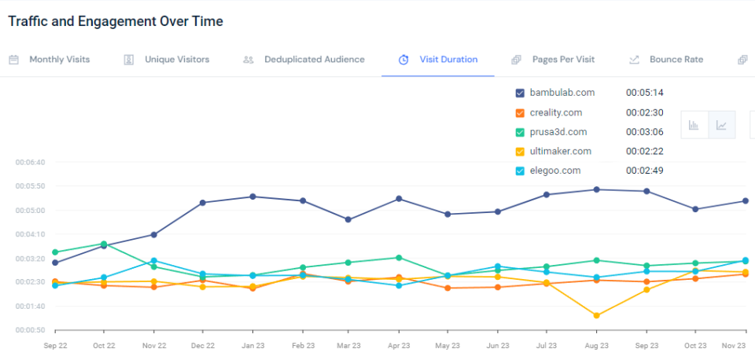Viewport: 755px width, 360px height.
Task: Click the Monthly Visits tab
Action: (59, 59)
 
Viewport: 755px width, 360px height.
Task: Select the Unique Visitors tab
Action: (176, 59)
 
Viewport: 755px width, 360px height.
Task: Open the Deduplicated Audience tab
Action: (314, 59)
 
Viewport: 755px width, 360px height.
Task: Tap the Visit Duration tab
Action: (447, 59)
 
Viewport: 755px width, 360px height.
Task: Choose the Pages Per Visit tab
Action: (562, 59)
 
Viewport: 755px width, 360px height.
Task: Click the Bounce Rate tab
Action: (676, 59)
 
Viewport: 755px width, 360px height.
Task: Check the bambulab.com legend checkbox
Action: (520, 93)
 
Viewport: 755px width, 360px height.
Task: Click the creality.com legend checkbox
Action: (520, 112)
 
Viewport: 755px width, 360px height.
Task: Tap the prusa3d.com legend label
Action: (558, 132)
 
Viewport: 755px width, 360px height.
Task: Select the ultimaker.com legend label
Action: (560, 151)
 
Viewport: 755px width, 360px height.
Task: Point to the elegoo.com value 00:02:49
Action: (645, 171)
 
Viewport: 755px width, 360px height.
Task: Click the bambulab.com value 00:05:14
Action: (645, 93)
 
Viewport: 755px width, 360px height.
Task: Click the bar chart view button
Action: (694, 125)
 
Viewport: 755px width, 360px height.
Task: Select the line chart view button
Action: (721, 125)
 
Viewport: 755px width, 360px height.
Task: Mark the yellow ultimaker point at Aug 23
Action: (597, 315)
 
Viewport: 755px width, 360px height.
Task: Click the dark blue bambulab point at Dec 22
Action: (203, 203)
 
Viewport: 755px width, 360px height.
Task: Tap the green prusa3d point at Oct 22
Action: (104, 244)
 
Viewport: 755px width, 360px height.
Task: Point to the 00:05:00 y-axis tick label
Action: (31, 211)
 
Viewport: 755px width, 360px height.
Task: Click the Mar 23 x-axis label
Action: (348, 345)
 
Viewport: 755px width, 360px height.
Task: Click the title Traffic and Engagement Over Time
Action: (116, 21)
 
